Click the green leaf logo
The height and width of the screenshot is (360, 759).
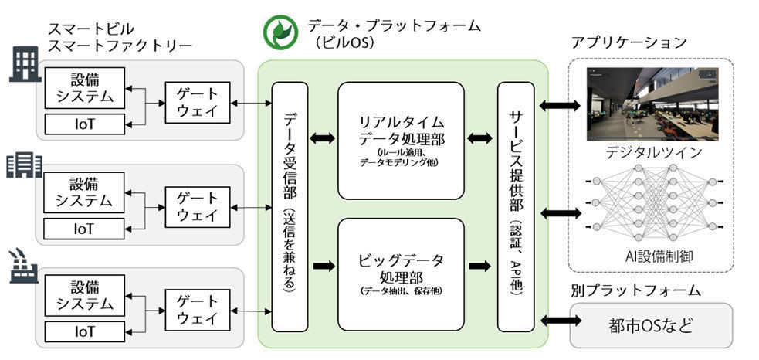(x=280, y=32)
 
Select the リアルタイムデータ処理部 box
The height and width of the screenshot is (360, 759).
(x=402, y=141)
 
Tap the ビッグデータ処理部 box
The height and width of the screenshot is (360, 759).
(x=402, y=274)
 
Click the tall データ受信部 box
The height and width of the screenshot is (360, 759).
(x=290, y=207)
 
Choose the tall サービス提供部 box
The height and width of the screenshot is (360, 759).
(x=516, y=207)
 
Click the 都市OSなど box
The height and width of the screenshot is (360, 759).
(x=651, y=325)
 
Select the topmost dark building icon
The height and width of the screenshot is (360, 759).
(x=25, y=65)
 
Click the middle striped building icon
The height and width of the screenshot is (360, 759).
(x=24, y=165)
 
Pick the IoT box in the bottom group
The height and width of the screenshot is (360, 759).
(x=85, y=331)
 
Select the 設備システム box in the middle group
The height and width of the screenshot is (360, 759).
(x=85, y=192)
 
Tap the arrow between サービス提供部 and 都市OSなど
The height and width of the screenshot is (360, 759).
(x=560, y=320)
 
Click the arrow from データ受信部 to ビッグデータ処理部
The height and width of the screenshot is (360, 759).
(x=324, y=266)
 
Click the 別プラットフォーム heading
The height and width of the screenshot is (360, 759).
(x=635, y=290)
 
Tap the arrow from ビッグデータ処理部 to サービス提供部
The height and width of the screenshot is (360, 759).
(x=480, y=266)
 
